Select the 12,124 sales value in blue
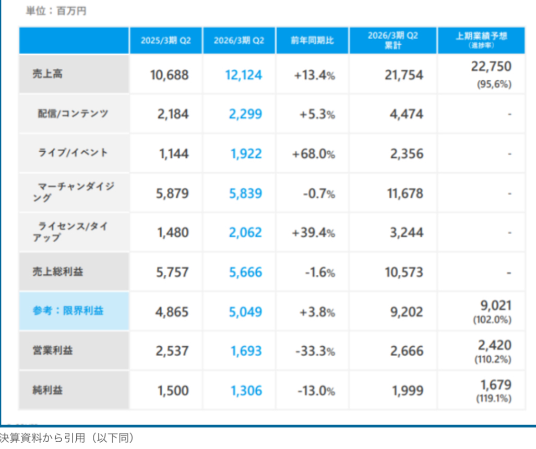click(x=243, y=75)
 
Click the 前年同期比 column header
click(x=312, y=41)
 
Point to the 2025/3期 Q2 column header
click(x=165, y=41)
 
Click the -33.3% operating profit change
click(x=315, y=351)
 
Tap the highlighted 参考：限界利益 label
click(x=67, y=311)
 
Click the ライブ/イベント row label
click(x=73, y=153)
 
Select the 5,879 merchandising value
click(x=172, y=194)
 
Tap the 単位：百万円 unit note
click(x=56, y=11)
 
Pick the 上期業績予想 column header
click(x=481, y=35)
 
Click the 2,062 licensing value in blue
click(x=245, y=233)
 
